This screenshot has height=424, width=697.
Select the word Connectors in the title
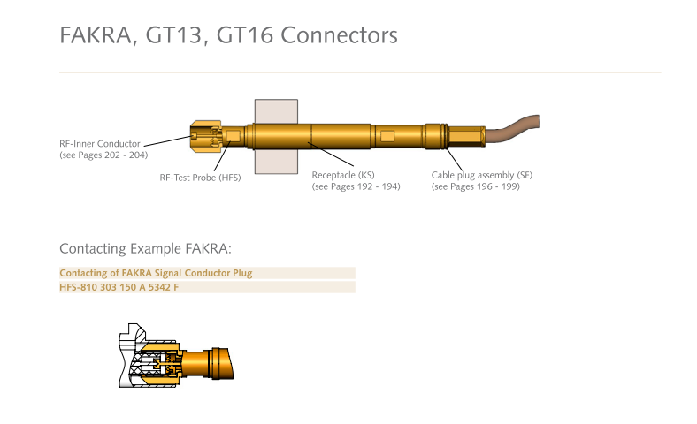coord(339,35)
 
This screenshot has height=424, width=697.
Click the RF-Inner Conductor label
coord(100,144)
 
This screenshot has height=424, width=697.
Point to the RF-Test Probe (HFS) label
coord(200,178)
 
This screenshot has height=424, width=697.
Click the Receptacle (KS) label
coord(343,175)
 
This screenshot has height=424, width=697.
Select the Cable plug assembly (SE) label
coord(482,175)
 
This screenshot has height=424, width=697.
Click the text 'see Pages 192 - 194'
coord(356,186)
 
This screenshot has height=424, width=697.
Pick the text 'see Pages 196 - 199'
coord(476,186)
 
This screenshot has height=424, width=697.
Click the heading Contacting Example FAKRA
coord(145,248)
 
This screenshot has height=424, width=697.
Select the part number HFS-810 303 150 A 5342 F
coord(119,287)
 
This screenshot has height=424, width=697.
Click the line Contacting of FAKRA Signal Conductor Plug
coord(156,273)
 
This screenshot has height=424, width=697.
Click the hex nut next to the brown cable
coord(466,136)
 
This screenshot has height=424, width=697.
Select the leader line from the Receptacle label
coord(331,155)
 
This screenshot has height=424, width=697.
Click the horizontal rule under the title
coord(360,72)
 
